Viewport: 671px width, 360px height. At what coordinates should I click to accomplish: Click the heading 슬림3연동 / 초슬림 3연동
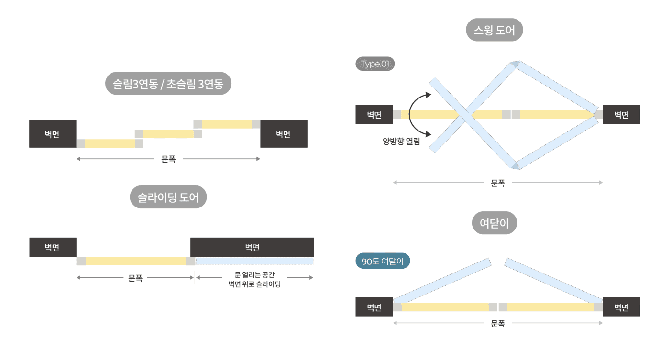pos(168,84)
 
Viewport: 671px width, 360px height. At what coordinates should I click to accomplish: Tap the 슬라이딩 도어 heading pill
pos(168,197)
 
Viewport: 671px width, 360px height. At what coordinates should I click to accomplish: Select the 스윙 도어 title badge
pos(495,30)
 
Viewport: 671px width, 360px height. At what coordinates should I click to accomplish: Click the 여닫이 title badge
pos(495,223)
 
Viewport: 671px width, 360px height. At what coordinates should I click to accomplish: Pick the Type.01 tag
pos(375,64)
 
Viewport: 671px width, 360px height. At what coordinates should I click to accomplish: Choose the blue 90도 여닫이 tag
pos(383,261)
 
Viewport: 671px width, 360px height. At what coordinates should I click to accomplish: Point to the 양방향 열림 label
pos(401,142)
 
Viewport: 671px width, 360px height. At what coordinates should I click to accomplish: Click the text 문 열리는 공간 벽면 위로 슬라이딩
pos(254,279)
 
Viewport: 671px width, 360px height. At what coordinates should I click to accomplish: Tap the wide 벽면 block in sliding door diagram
pos(252,247)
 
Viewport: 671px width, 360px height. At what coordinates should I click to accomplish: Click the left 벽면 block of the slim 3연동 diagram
pos(53,134)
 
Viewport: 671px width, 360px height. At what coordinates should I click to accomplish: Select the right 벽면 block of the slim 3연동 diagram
pos(284,134)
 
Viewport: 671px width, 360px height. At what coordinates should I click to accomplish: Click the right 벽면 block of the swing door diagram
pos(621,115)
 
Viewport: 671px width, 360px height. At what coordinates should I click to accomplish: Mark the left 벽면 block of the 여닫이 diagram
pos(374,307)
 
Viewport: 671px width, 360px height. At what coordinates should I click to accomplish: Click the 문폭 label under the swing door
pos(498,183)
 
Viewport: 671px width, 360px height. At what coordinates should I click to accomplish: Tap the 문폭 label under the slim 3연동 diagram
pos(168,159)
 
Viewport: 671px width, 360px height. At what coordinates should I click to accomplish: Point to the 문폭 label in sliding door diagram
pos(135,278)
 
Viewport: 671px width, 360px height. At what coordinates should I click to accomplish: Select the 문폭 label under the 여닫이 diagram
pos(498,324)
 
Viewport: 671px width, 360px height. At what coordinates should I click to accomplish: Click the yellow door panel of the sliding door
pos(136,261)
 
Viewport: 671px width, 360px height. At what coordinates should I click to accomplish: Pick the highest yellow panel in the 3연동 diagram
pos(227,124)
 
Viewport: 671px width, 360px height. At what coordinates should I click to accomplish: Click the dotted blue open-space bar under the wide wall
pos(254,261)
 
